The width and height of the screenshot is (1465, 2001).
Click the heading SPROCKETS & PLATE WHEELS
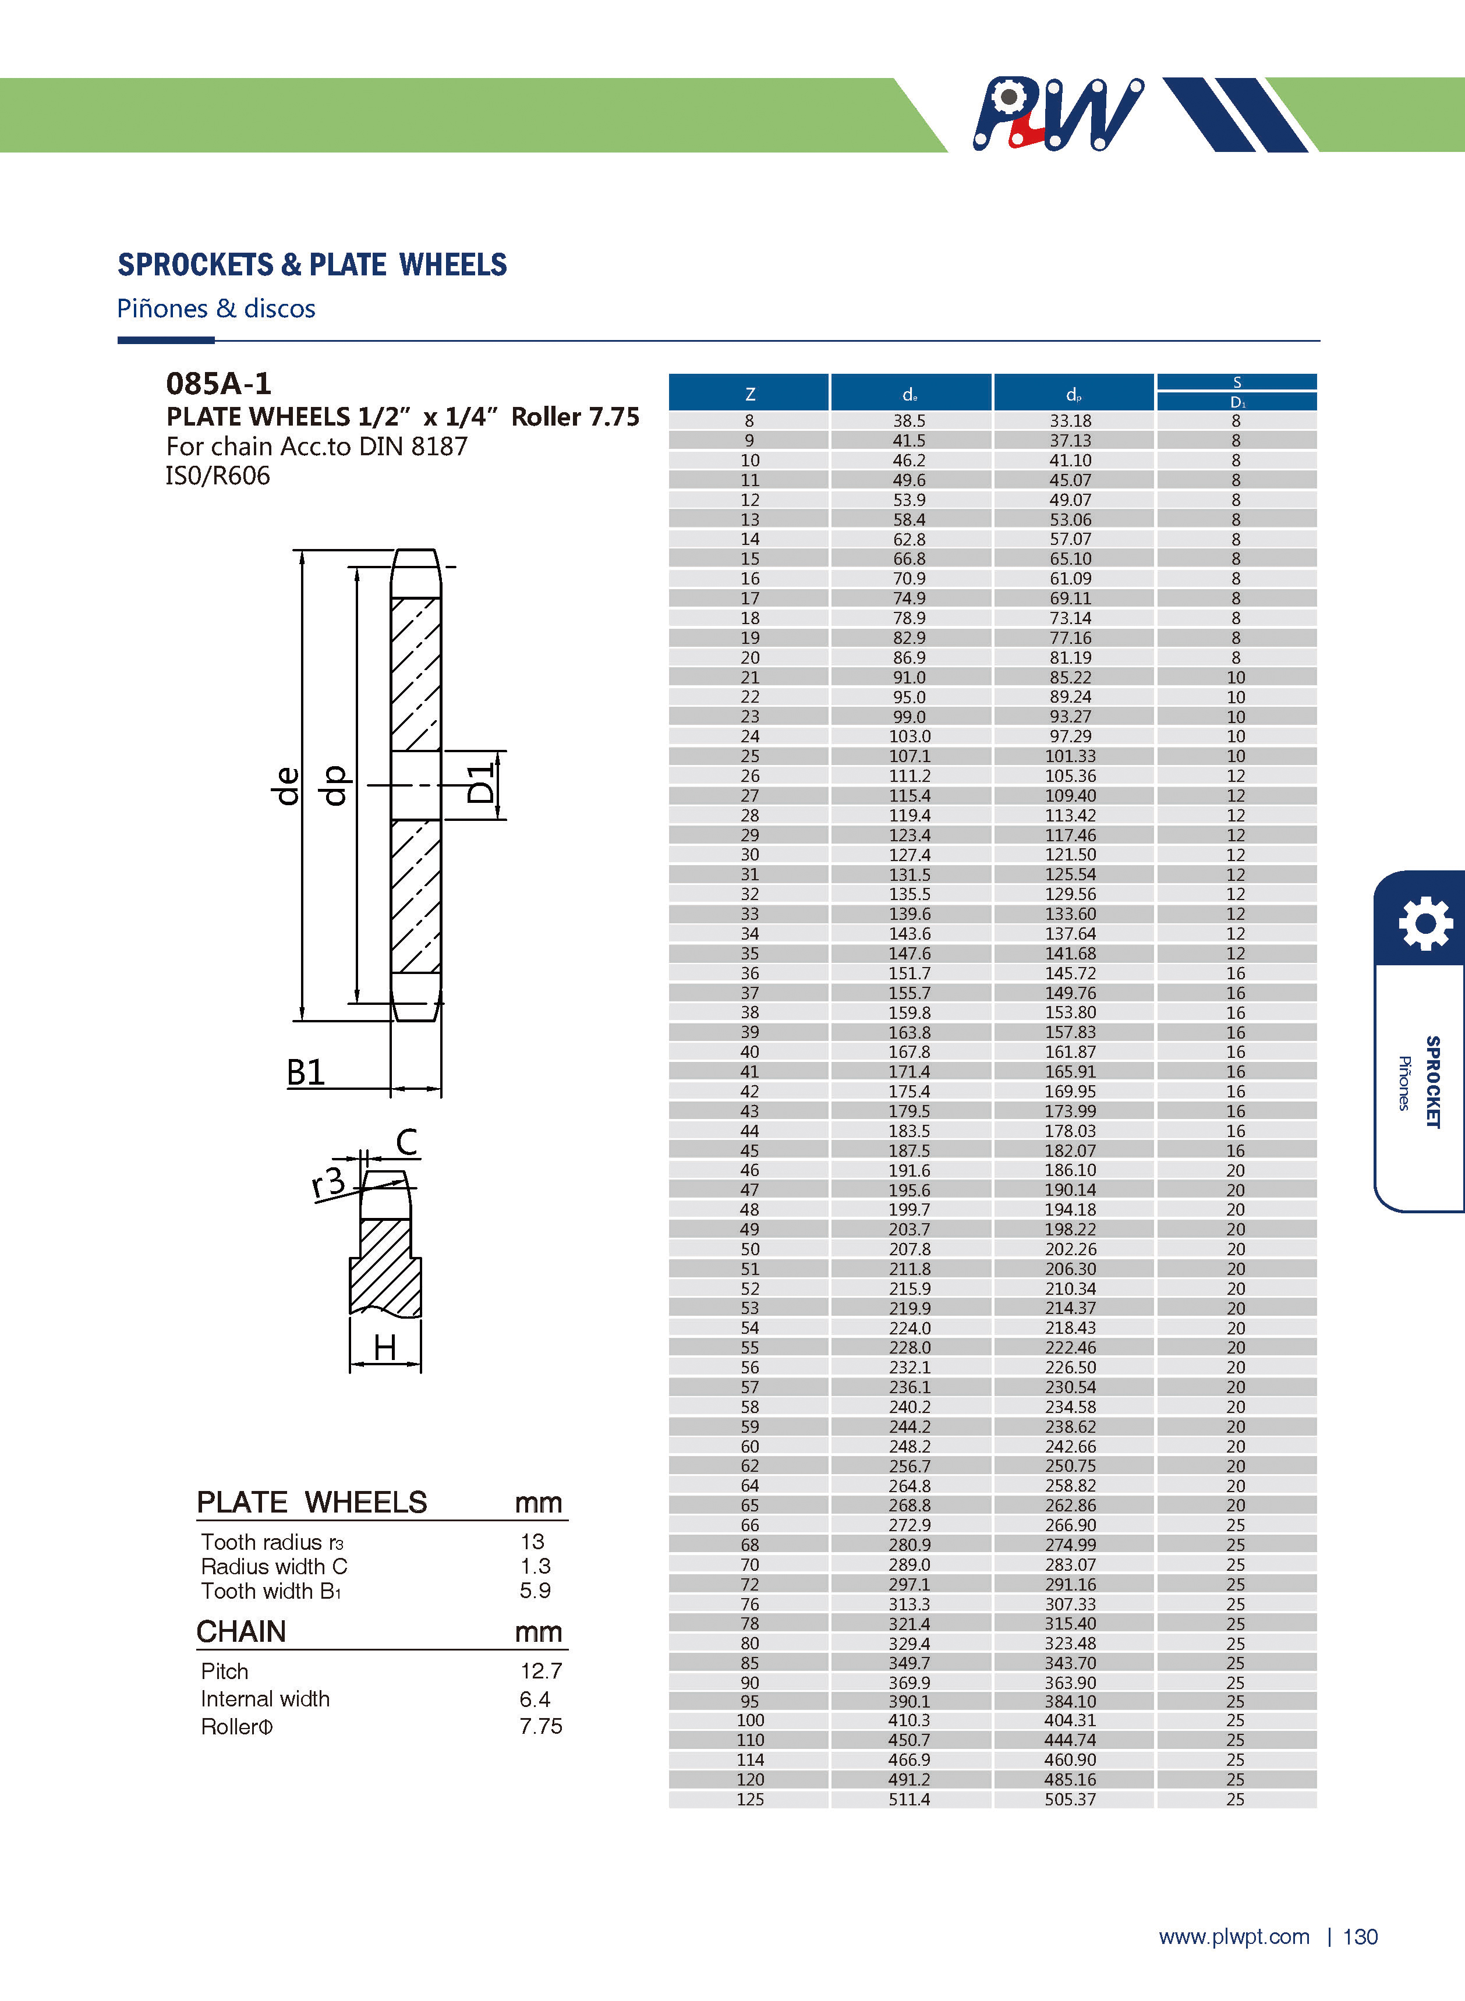tap(312, 264)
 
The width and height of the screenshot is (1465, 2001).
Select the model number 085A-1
tap(218, 384)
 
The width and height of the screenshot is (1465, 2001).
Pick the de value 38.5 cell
tap(909, 421)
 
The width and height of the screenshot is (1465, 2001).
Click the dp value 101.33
tap(1070, 756)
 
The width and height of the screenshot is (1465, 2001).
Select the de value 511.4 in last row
tap(909, 1799)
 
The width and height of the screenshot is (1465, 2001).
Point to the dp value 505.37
tap(1070, 1799)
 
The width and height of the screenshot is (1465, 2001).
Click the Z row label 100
tap(749, 1720)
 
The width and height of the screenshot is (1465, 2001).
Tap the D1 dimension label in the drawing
tap(480, 783)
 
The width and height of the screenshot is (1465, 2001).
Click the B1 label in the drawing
tap(306, 1073)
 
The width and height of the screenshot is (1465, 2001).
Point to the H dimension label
tap(385, 1348)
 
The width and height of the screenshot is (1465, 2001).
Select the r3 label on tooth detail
tap(328, 1182)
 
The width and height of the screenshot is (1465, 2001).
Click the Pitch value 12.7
tap(541, 1671)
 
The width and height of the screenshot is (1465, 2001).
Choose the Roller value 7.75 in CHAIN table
tap(541, 1726)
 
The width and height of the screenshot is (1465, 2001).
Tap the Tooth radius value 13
tap(532, 1542)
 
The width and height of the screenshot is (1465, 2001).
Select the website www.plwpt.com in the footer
tap(1233, 1937)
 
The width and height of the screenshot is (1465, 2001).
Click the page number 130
tap(1360, 1937)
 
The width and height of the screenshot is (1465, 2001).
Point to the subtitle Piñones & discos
tap(217, 309)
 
